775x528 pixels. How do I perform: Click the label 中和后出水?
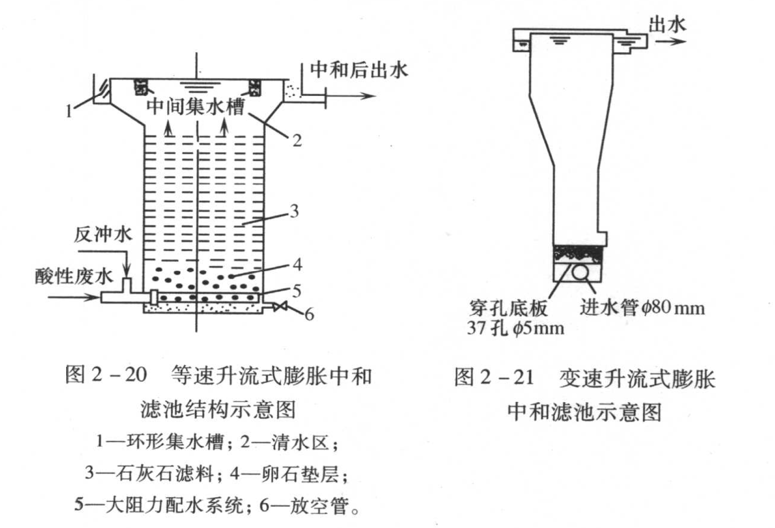click(x=358, y=70)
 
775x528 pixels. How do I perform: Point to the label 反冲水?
click(x=103, y=235)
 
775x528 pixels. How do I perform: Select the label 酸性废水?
click(x=73, y=275)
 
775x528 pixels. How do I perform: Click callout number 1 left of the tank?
click(x=69, y=110)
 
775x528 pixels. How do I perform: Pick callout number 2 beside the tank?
click(x=297, y=140)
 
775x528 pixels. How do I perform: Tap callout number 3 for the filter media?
click(x=294, y=211)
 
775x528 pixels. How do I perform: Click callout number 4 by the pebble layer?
click(x=297, y=264)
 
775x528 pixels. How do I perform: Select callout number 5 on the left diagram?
click(x=297, y=291)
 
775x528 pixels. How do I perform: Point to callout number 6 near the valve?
click(x=309, y=314)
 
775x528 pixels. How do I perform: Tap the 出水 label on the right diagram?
click(x=667, y=24)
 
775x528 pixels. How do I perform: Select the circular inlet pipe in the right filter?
click(x=580, y=272)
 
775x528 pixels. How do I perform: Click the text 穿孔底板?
click(x=508, y=308)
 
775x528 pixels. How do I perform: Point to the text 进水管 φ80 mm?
click(x=642, y=308)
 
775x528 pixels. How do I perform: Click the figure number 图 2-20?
click(x=106, y=375)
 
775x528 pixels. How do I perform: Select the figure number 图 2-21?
click(x=494, y=377)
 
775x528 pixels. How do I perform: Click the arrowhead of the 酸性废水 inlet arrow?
click(x=95, y=297)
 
